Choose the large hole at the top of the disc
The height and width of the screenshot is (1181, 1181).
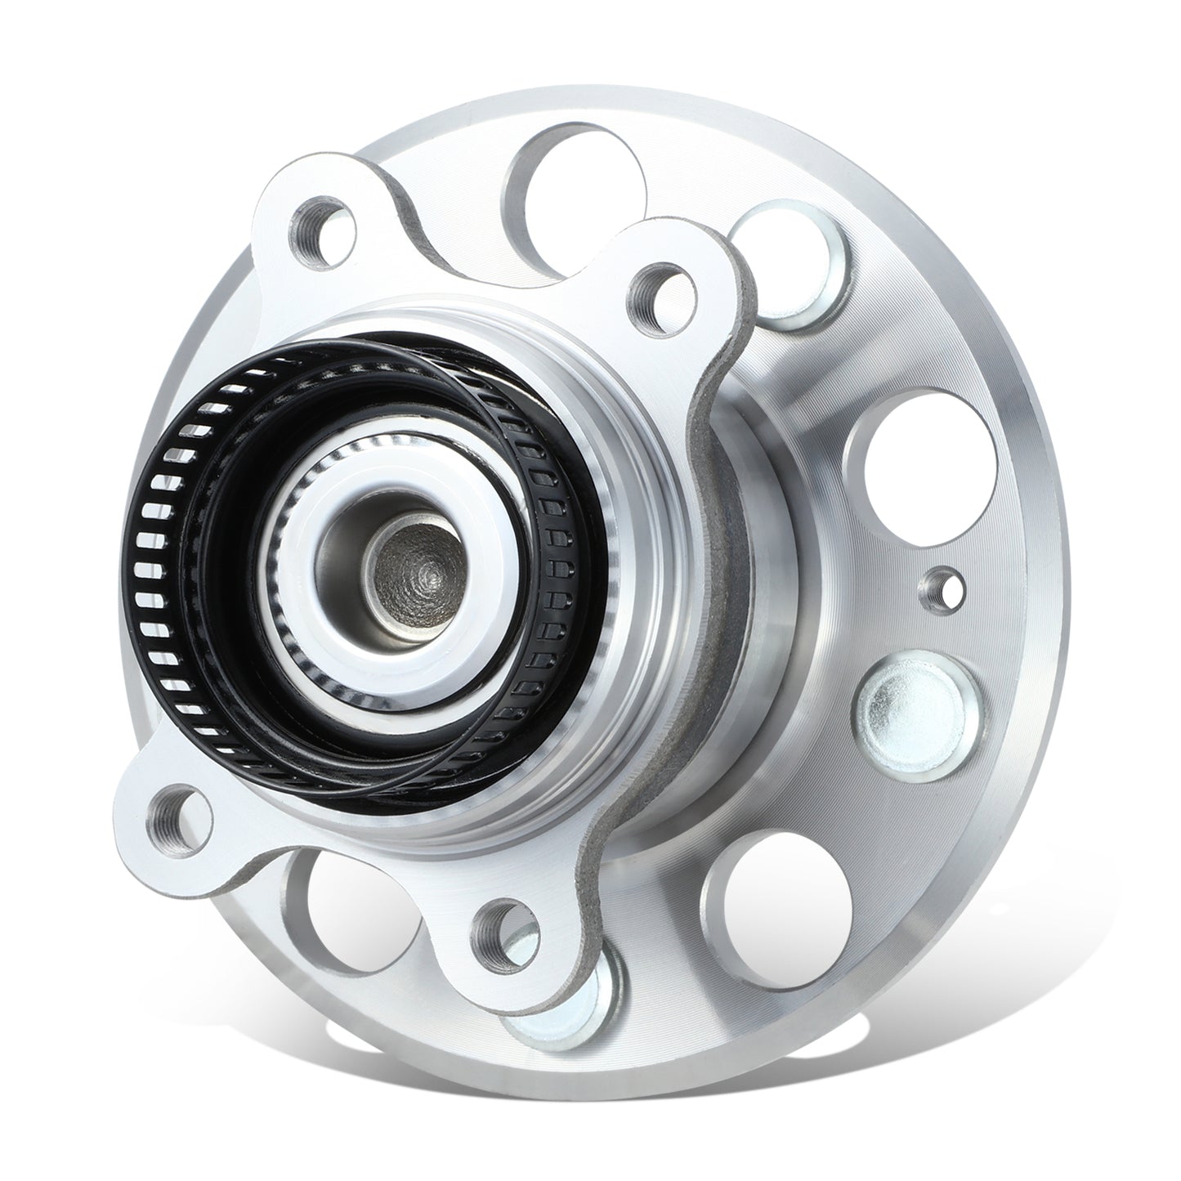[572, 176]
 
